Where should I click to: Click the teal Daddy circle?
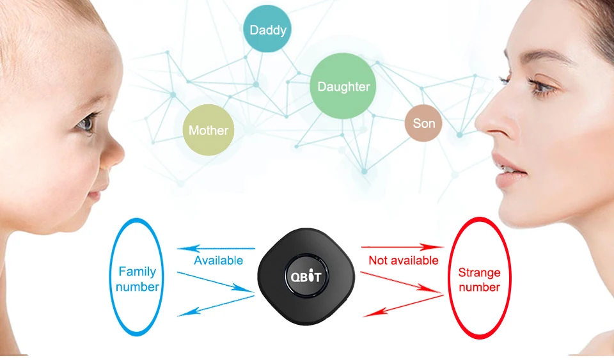tap(268, 29)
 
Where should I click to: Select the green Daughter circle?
tap(343, 86)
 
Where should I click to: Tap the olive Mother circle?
tap(209, 130)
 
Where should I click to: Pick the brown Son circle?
tap(423, 123)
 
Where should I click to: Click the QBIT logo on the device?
tap(306, 277)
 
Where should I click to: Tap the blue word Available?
tap(218, 260)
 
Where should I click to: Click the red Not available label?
tap(404, 260)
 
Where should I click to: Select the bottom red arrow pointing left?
tap(402, 307)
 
